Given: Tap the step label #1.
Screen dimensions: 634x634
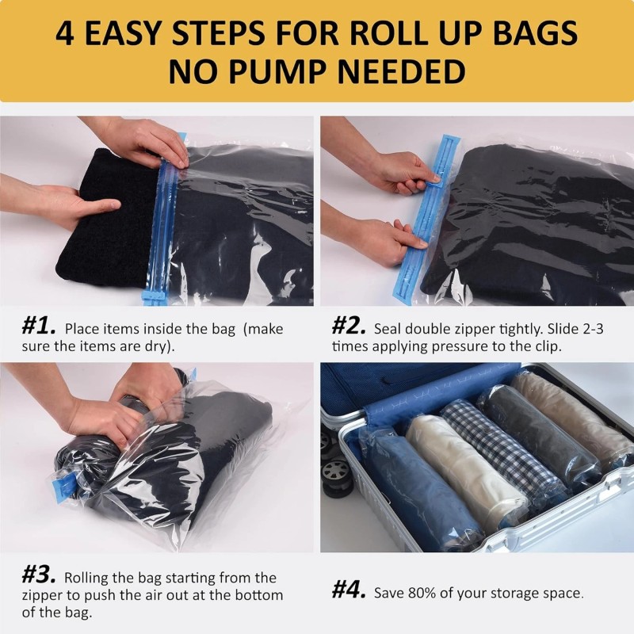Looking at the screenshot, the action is [38, 327].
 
